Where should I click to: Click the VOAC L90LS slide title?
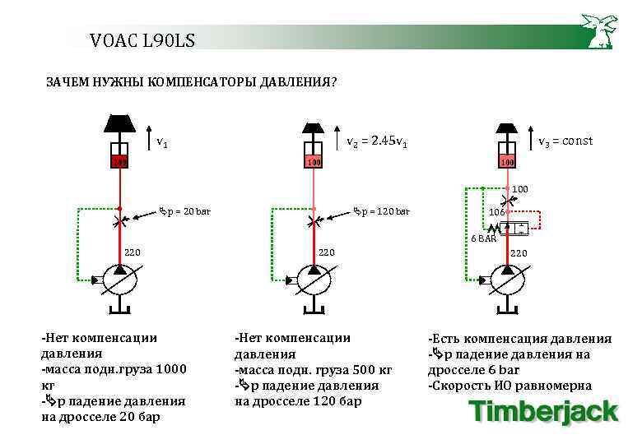pos(142,39)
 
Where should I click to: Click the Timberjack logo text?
pos(542,412)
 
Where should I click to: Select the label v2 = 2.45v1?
pos(377,141)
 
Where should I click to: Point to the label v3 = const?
pos(565,141)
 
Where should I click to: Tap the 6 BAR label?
pos(483,238)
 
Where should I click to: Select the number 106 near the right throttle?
pos(496,212)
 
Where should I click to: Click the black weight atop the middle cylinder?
pos(312,129)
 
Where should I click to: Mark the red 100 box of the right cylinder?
pos(507,162)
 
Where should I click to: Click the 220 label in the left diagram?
pos(132,252)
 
